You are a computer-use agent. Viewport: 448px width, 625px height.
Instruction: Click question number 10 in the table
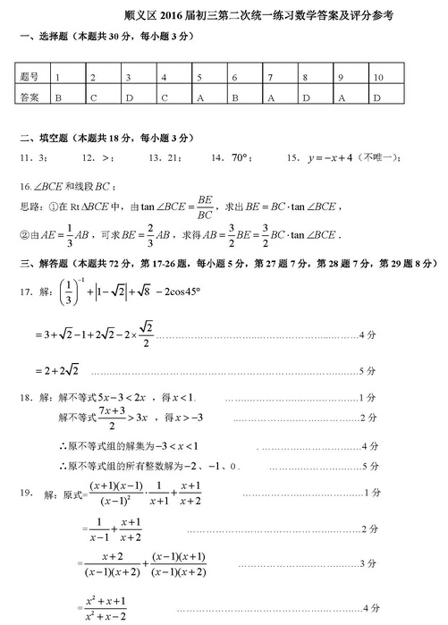[379, 78]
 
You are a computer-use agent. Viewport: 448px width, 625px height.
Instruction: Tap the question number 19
[27, 494]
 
